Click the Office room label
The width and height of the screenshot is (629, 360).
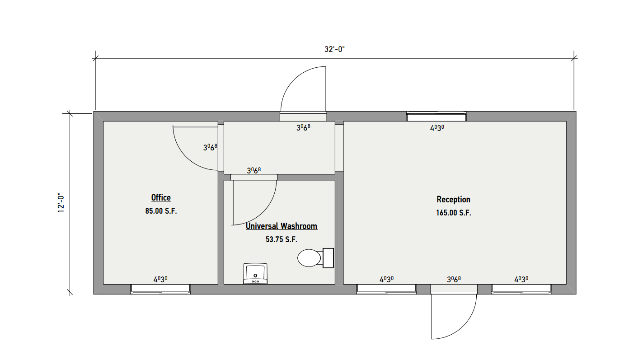pyautogui.click(x=161, y=198)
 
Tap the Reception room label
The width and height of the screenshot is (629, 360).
pyautogui.click(x=453, y=200)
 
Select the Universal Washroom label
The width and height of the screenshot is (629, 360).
pyautogui.click(x=282, y=226)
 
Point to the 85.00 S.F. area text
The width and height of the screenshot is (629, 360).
pyautogui.click(x=161, y=211)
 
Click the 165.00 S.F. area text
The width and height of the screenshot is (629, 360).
pyautogui.click(x=454, y=213)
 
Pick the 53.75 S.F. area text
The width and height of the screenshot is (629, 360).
pyautogui.click(x=282, y=239)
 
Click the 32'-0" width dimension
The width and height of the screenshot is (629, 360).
pyautogui.click(x=334, y=49)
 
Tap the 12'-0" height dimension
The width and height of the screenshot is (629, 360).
pyautogui.click(x=61, y=203)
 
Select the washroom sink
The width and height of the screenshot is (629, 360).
pyautogui.click(x=255, y=274)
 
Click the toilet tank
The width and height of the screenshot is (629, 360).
pyautogui.click(x=328, y=258)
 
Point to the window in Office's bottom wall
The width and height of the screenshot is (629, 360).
pyautogui.click(x=160, y=289)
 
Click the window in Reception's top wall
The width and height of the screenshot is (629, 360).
pyautogui.click(x=437, y=117)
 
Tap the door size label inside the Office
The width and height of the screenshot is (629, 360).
pyautogui.click(x=210, y=147)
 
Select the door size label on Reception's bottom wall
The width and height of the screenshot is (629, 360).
pyautogui.click(x=454, y=279)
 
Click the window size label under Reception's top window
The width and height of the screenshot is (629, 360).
pyautogui.click(x=437, y=128)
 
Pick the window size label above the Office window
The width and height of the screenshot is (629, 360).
pyautogui.click(x=160, y=279)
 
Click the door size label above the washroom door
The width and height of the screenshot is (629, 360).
pyautogui.click(x=254, y=170)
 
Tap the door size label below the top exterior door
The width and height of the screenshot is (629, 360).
pyautogui.click(x=303, y=128)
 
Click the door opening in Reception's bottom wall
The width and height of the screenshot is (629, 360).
pyautogui.click(x=454, y=289)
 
